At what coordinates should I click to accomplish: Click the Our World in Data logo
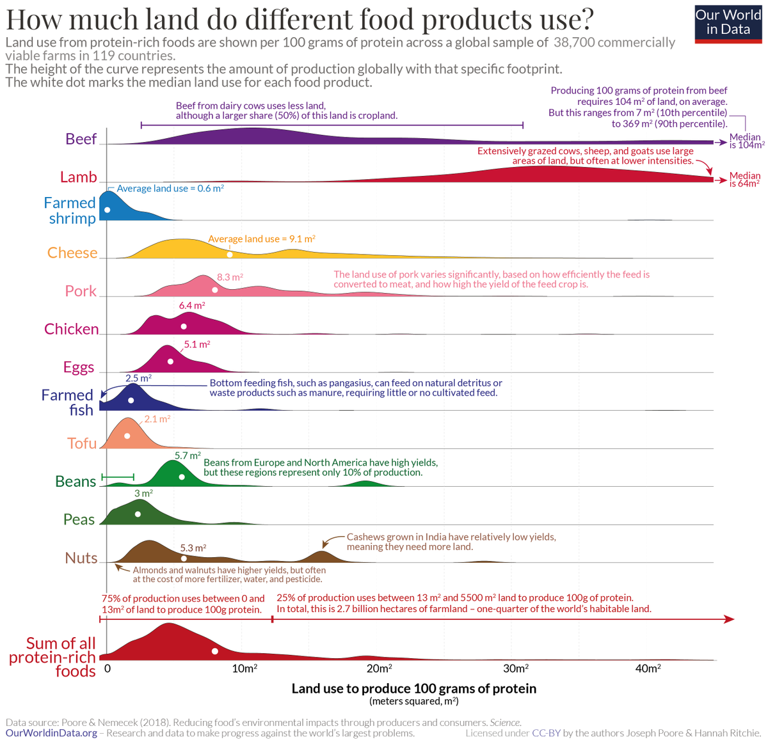pos(728,23)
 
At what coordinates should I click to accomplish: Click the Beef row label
pos(81,139)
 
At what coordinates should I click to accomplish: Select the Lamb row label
pos(78,177)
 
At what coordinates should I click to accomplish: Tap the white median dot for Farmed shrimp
pos(108,210)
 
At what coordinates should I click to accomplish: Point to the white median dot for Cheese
pos(230,255)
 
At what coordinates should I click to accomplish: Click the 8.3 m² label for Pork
pos(230,277)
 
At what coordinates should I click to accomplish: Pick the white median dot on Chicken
pos(184,326)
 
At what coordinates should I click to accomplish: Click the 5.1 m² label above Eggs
pos(196,344)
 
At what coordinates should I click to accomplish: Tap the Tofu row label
pos(81,443)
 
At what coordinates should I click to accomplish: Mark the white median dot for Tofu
pos(127,436)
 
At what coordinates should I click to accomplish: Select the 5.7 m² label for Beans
pos(188,455)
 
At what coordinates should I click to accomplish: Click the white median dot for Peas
pos(138,514)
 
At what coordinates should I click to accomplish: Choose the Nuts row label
pos(81,558)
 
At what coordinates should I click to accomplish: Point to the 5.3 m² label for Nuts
pos(193,548)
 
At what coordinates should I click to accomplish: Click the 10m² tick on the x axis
pos(244,668)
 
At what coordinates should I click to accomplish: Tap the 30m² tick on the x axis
pos(515,668)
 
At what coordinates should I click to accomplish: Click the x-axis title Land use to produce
pos(413,688)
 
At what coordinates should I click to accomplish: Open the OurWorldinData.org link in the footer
pos(51,733)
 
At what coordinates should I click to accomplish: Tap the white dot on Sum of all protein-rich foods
pos(215,651)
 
